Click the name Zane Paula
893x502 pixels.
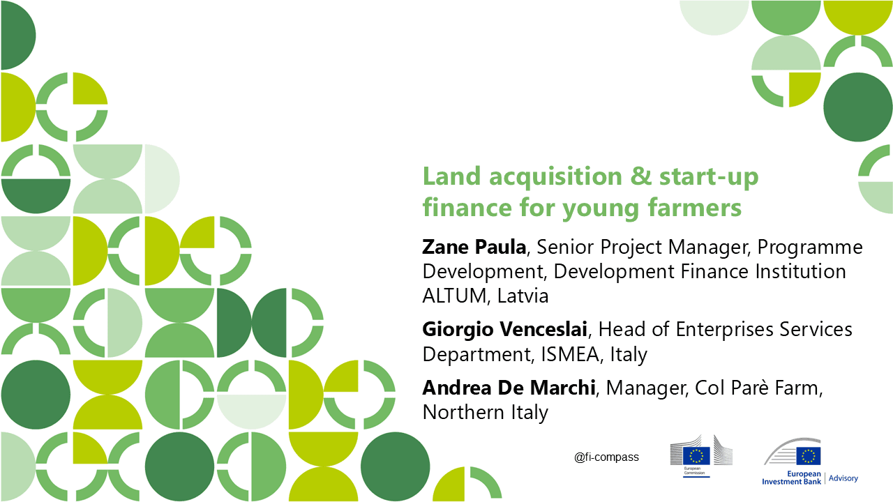[x=474, y=247]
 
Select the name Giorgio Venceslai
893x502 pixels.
[x=504, y=330]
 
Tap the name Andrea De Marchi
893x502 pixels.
[x=509, y=388]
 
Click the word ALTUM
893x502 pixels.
[x=454, y=296]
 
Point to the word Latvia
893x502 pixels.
[x=523, y=296]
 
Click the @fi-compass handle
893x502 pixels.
[x=606, y=457]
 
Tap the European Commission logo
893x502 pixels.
[x=701, y=456]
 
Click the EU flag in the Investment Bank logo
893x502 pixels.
[x=809, y=456]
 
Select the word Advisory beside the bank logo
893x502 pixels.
[x=843, y=478]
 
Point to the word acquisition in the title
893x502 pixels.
[x=556, y=177]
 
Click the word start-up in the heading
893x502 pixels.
[x=709, y=178]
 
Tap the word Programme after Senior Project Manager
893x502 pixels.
[x=810, y=248]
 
